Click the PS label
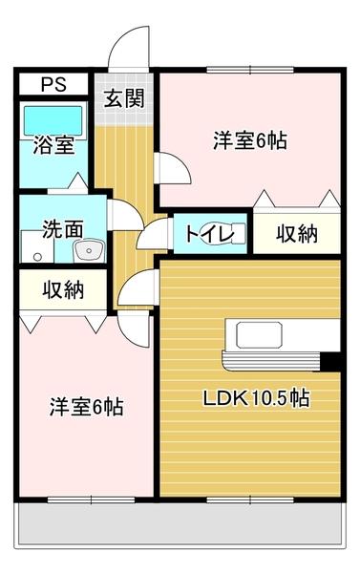click(53, 83)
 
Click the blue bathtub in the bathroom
click(54, 120)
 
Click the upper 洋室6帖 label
click(249, 140)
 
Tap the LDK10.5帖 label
click(253, 397)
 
